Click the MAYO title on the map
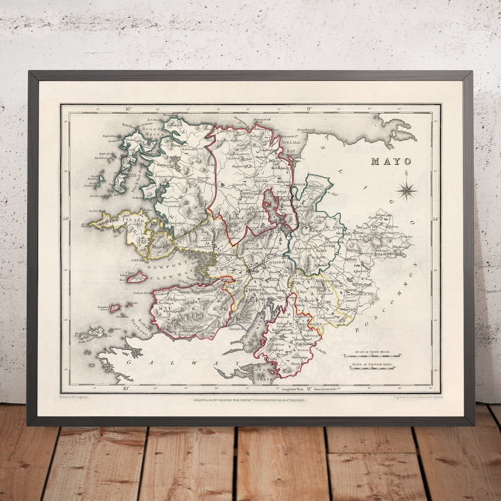pyautogui.click(x=391, y=161)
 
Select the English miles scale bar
pyautogui.click(x=373, y=368)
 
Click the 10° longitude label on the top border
pyautogui.click(x=129, y=109)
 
